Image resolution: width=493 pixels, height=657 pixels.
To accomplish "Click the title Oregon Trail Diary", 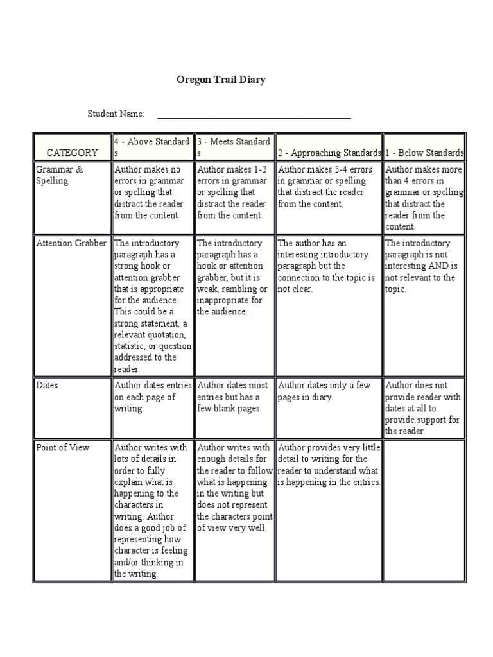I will (221, 80).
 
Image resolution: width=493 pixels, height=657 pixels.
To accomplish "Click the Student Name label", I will (116, 114).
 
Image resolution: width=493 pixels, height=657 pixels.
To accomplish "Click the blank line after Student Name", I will (254, 117).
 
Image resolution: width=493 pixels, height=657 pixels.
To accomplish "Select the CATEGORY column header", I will (72, 153).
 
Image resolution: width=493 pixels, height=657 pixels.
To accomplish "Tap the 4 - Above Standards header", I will (152, 147).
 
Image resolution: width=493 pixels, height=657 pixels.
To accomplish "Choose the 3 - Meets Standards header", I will (234, 147).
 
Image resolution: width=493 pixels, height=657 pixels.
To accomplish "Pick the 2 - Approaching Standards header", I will (329, 153).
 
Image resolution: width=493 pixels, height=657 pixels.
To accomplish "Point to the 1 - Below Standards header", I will (424, 153).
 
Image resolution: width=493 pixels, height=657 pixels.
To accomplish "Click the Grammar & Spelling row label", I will (60, 175).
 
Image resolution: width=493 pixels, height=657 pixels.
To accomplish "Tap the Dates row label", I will (47, 386).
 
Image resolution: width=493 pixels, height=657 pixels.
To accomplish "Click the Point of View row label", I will (63, 447).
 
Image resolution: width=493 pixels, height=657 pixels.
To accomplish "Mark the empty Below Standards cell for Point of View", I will (424, 510).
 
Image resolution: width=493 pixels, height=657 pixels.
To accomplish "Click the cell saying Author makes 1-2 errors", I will (234, 192).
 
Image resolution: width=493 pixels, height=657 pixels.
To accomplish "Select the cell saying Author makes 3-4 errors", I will (329, 187).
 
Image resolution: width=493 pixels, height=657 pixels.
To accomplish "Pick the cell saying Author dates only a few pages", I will (329, 391).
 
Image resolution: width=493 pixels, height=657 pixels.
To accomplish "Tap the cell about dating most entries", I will (234, 397).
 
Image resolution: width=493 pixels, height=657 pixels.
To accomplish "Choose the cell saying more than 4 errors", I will (424, 198).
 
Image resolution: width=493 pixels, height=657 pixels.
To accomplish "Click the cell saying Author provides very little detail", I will (329, 465).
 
